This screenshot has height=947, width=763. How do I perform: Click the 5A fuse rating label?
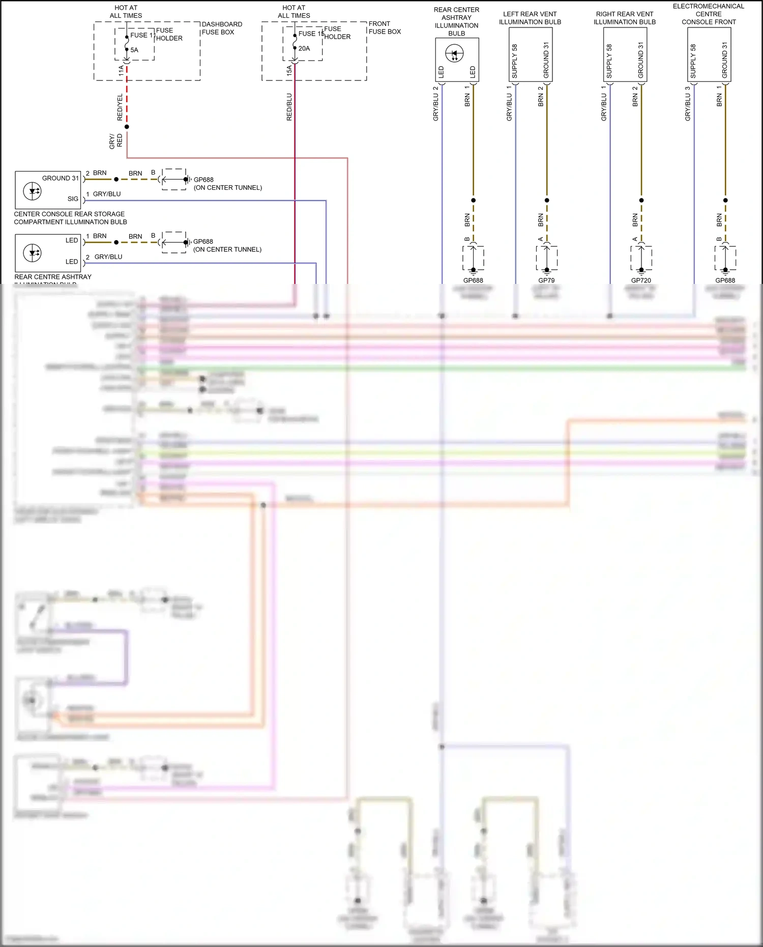click(x=134, y=50)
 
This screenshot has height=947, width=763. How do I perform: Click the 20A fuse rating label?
click(x=304, y=48)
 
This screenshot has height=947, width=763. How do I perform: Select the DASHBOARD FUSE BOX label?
click(x=222, y=28)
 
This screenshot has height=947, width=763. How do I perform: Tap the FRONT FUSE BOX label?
click(x=385, y=27)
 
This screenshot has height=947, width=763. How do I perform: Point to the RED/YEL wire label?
click(x=120, y=107)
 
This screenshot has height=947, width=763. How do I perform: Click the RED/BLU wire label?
click(x=289, y=107)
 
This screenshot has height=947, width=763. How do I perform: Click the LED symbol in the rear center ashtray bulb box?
click(x=454, y=53)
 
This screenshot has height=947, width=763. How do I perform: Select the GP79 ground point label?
click(x=546, y=280)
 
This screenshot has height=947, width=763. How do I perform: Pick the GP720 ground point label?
click(x=641, y=280)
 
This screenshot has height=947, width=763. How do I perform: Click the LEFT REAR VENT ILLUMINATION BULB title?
click(x=530, y=18)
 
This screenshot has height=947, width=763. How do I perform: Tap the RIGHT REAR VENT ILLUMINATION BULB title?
click(x=624, y=18)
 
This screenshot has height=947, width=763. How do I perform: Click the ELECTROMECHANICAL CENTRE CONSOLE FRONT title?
click(x=709, y=14)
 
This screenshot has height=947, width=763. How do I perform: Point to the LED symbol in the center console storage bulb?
click(x=33, y=191)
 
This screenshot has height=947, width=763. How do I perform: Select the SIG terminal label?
click(x=73, y=199)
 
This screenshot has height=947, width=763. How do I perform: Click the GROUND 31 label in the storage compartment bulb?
click(x=60, y=178)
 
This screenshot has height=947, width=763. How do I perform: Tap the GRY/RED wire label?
click(x=115, y=141)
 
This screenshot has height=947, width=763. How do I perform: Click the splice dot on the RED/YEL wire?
click(x=127, y=127)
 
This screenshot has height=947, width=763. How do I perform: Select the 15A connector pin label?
click(x=289, y=70)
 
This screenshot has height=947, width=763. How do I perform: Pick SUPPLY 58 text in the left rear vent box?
click(x=514, y=61)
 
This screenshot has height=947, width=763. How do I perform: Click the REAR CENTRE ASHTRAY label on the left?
click(x=53, y=277)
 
